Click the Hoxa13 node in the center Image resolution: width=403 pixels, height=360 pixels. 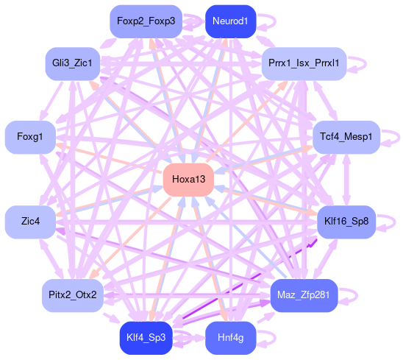tap(188, 180)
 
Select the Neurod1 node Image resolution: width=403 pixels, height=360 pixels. tap(230, 21)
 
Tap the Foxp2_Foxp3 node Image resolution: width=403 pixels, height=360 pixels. tap(146, 21)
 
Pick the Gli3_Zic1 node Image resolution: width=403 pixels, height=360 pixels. tap(73, 63)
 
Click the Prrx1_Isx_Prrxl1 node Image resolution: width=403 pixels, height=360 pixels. tap(304, 63)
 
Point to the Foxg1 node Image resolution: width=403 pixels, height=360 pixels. tap(30, 137)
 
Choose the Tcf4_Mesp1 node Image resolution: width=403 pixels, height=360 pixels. tap(346, 137)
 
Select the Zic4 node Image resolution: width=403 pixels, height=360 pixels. tap(30, 222)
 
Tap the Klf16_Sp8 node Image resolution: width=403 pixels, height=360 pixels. tap(346, 222)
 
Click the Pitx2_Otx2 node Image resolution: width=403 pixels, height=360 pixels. tap(73, 295)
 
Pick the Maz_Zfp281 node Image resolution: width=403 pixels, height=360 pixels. tap(304, 295)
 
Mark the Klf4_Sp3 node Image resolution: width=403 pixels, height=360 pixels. tap(146, 338)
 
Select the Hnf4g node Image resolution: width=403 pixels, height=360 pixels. tap(230, 338)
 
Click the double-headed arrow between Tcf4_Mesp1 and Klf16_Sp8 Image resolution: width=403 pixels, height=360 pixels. tap(346, 180)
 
